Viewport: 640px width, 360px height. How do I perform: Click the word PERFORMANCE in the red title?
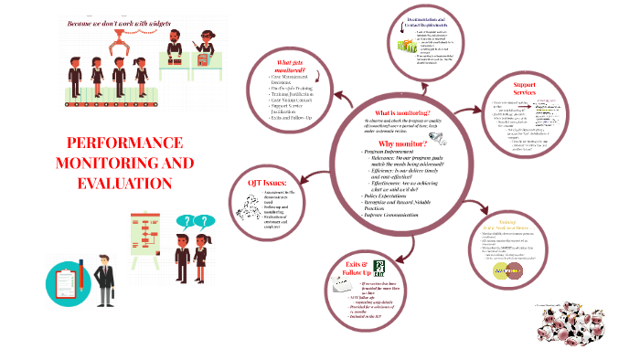pos(119,144)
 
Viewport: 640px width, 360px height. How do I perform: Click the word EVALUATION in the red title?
pos(118,184)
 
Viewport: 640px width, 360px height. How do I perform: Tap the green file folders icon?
pos(406,45)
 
